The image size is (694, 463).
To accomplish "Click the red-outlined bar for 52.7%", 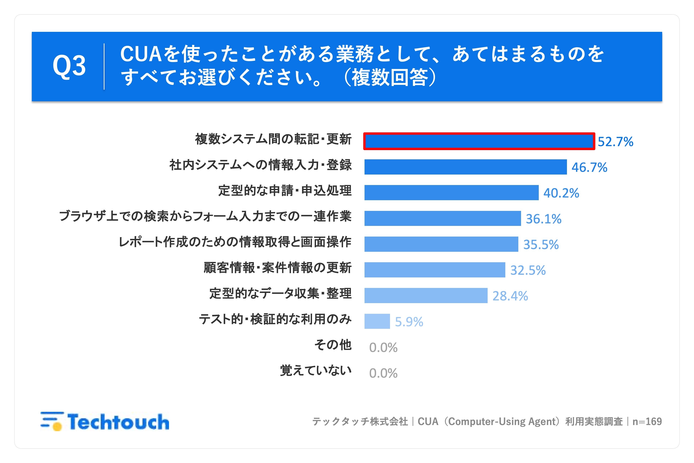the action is pyautogui.click(x=479, y=141).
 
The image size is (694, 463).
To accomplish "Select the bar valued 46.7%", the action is pyautogui.click(x=465, y=167).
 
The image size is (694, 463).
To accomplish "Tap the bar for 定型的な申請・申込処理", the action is pyautogui.click(x=451, y=192).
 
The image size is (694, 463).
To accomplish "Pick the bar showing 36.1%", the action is pyautogui.click(x=443, y=218).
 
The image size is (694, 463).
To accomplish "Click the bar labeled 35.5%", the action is pyautogui.click(x=441, y=244).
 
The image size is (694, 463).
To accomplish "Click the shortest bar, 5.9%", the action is pyautogui.click(x=377, y=321).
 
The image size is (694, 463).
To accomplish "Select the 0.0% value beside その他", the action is pyautogui.click(x=383, y=348).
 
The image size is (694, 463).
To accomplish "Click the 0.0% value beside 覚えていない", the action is pyautogui.click(x=383, y=373).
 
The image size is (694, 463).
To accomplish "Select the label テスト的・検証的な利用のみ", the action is pyautogui.click(x=275, y=319).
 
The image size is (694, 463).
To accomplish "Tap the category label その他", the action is pyautogui.click(x=333, y=345).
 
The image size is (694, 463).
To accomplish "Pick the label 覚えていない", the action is pyautogui.click(x=316, y=370).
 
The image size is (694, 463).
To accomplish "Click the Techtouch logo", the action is pyautogui.click(x=105, y=421).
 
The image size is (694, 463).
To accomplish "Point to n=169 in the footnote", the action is pyautogui.click(x=647, y=421).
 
